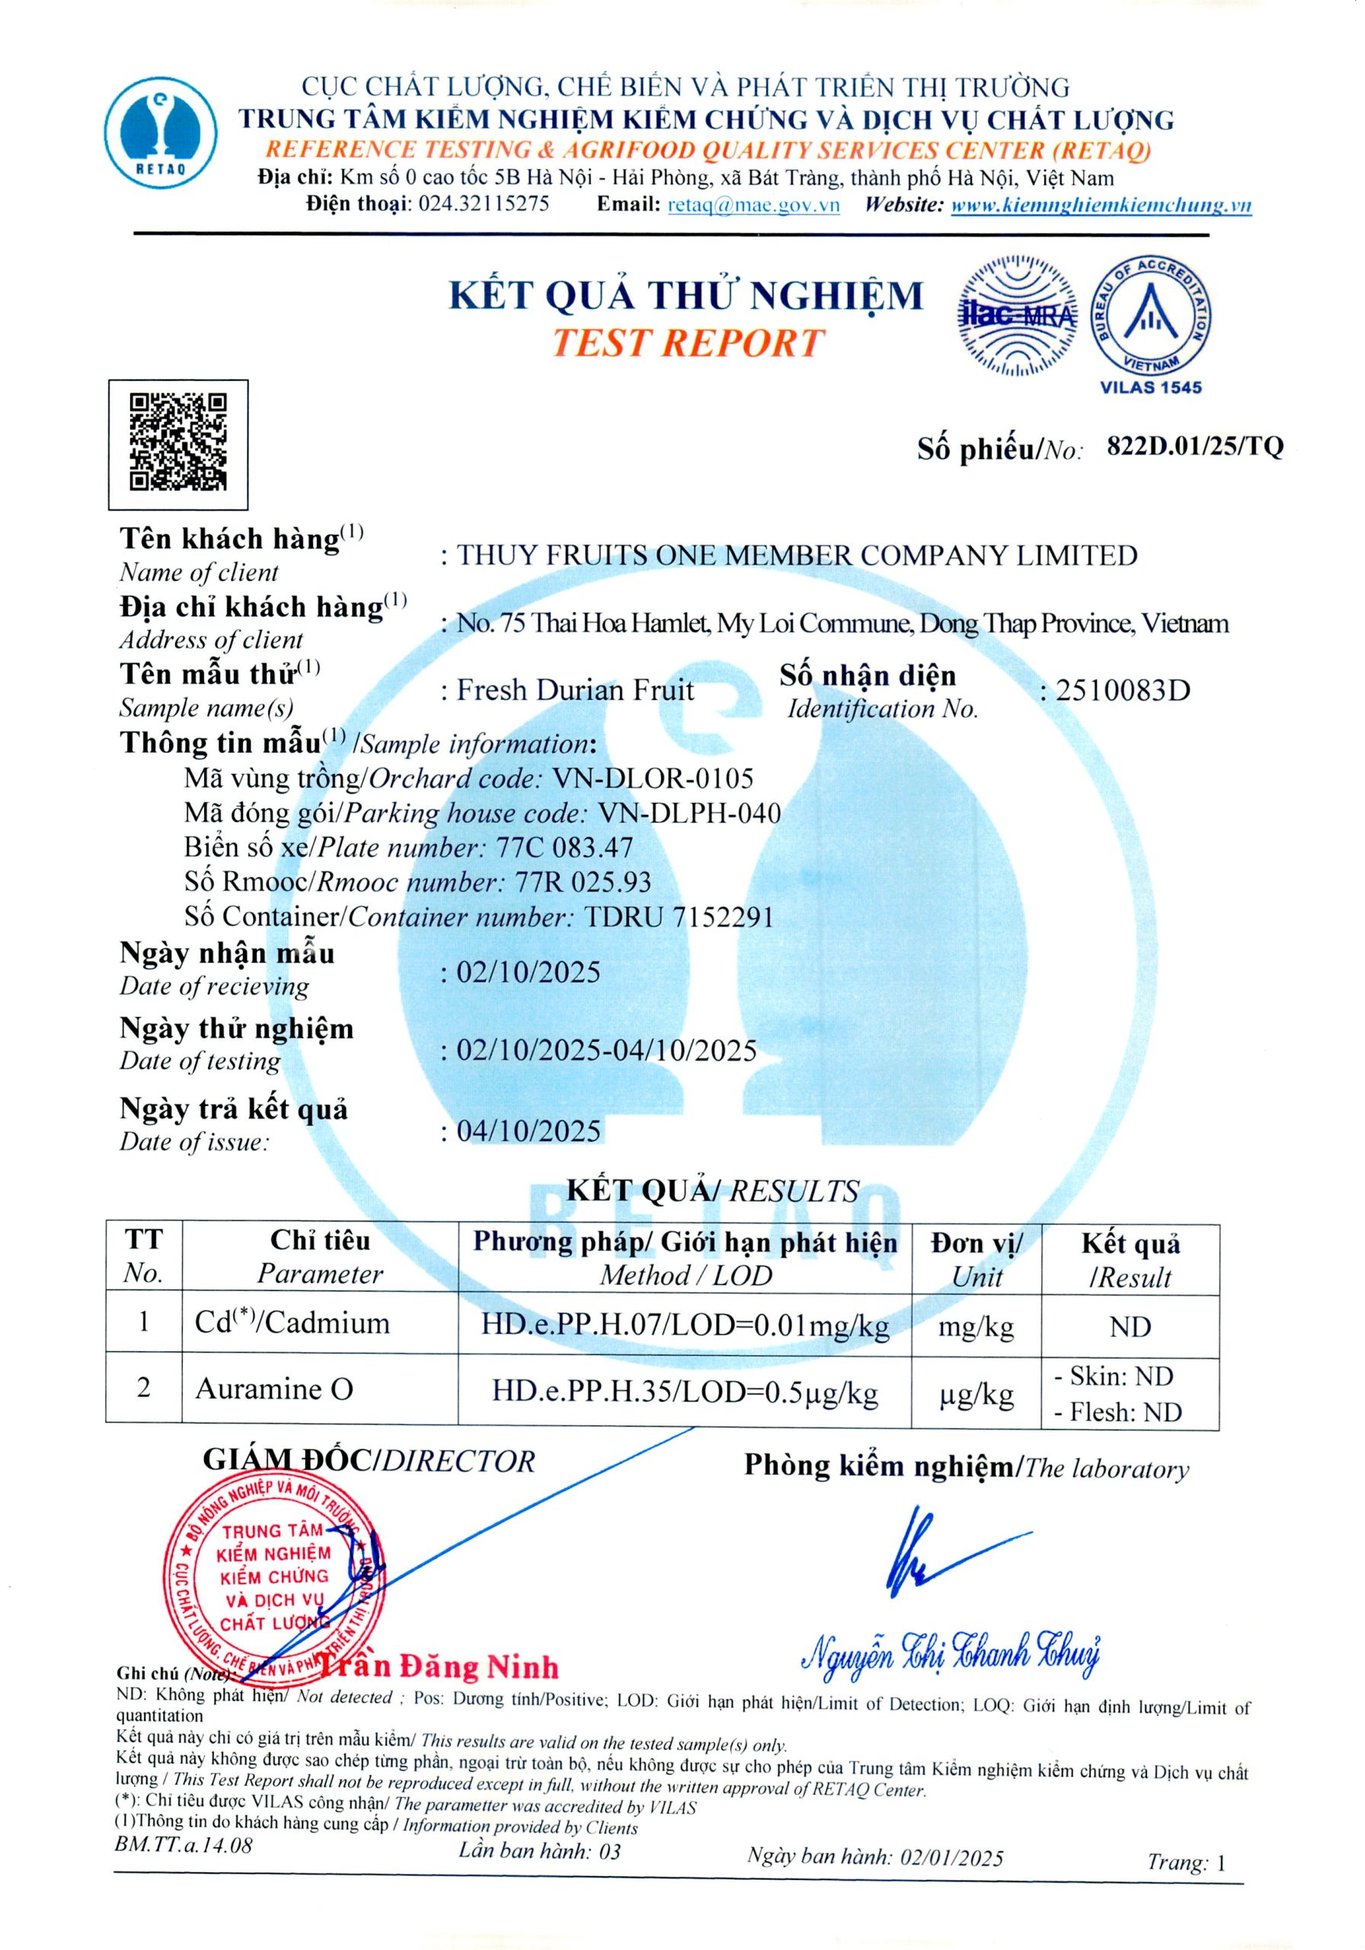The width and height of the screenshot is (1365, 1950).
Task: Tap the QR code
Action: [x=178, y=443]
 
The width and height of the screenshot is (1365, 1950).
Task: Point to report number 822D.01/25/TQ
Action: [x=1195, y=446]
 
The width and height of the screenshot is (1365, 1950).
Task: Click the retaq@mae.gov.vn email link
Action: [x=753, y=204]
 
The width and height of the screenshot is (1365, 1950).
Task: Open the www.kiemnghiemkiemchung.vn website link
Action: [x=1101, y=205]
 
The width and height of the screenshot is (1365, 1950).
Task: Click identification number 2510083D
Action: [x=1122, y=690]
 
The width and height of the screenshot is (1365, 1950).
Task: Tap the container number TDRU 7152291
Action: [x=679, y=916]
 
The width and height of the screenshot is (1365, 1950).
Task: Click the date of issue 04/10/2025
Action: [x=529, y=1130]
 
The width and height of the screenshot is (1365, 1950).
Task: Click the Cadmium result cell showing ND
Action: [x=1130, y=1327]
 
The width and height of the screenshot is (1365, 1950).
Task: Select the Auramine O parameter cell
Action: [x=274, y=1389]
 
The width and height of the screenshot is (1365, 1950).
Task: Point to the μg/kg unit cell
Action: [x=976, y=1395]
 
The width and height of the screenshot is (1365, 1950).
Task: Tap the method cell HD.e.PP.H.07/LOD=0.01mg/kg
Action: [x=685, y=1325]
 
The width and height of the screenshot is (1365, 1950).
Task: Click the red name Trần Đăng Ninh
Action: [x=437, y=1667]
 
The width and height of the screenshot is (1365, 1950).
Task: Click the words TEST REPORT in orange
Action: [x=687, y=343]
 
